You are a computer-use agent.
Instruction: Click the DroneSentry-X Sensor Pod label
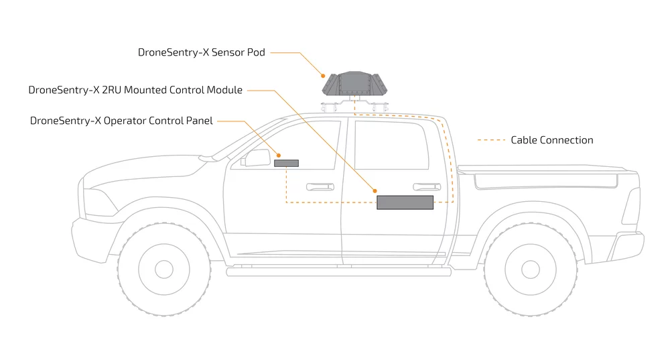[202, 52]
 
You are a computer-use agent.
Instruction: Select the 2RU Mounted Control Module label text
[135, 90]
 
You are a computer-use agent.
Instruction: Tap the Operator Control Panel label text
[121, 121]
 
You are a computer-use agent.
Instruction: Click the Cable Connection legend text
[551, 140]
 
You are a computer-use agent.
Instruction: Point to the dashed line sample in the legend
[490, 141]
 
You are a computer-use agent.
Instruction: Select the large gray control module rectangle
[405, 202]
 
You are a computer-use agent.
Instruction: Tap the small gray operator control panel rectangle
[286, 163]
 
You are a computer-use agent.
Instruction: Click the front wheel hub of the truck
[165, 269]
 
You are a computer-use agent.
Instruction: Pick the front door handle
[320, 187]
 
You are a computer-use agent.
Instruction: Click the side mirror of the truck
[257, 158]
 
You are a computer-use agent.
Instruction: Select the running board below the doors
[335, 272]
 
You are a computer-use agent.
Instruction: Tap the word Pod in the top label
[255, 52]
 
